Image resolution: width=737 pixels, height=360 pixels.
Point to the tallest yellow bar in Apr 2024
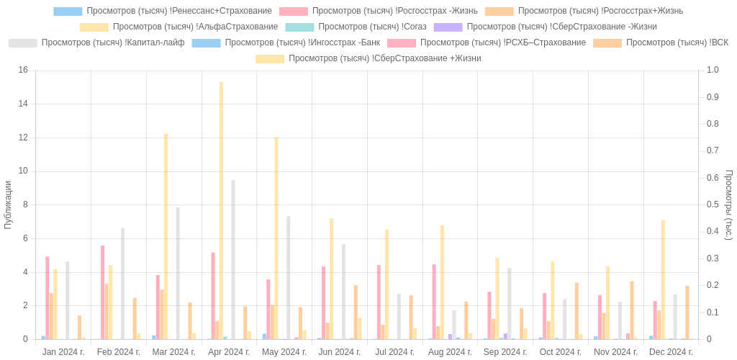click(221, 210)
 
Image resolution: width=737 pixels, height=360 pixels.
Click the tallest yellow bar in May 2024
click(276, 238)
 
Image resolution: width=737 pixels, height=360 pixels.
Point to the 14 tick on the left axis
click(23, 104)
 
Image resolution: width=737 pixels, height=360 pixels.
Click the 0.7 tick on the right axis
click(713, 150)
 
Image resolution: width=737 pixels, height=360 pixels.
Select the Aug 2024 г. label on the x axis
click(450, 352)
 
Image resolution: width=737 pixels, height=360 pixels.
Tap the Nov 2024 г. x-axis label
click(616, 352)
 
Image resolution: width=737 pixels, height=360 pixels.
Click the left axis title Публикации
click(8, 204)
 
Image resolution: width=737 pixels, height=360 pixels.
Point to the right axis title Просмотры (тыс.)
click(728, 204)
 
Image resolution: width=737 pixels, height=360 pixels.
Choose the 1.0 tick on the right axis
click(713, 70)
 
